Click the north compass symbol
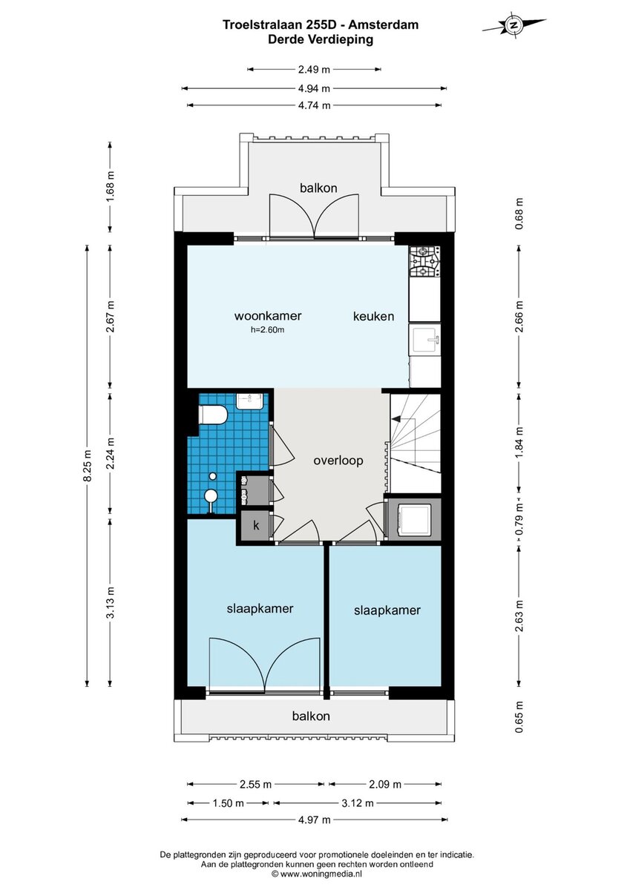514,24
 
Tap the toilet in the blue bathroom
213,415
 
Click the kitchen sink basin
425,339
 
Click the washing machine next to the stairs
414,518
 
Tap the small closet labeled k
255,526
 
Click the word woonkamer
268,316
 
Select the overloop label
338,461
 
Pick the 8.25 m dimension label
88,465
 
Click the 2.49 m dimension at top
314,70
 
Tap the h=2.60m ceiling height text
267,329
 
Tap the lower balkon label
311,716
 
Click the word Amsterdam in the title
384,24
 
